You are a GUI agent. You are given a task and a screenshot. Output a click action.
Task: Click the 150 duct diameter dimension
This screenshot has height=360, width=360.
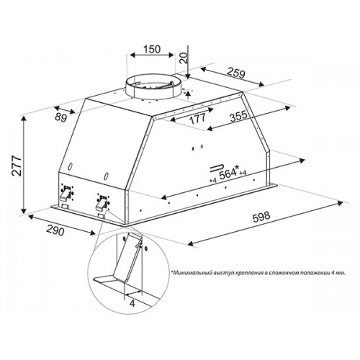(x=152, y=49)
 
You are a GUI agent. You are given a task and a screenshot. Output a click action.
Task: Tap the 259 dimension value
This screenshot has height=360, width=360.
(x=236, y=73)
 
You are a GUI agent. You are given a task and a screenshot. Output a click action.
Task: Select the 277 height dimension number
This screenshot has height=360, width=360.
(x=17, y=166)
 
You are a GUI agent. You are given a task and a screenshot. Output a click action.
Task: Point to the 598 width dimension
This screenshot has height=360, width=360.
(x=261, y=217)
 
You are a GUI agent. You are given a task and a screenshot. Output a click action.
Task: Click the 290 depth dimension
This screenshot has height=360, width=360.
(x=55, y=230)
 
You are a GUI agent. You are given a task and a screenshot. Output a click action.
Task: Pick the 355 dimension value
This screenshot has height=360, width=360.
(x=238, y=116)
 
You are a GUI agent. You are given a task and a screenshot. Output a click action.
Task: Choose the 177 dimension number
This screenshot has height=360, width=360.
(x=197, y=119)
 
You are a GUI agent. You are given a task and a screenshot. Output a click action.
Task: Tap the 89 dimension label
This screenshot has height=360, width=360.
(x=60, y=117)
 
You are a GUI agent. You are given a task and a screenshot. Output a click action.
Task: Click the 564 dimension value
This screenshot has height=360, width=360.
(x=228, y=174)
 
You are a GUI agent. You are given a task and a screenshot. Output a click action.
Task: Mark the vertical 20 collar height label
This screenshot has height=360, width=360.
(x=184, y=58)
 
